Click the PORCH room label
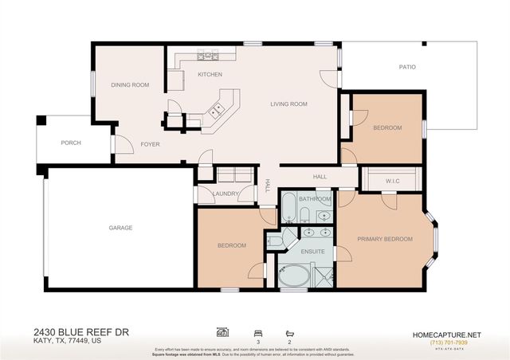[71, 143]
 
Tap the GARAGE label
[120, 228]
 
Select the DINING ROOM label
[130, 84]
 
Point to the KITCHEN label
[210, 74]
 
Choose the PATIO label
[407, 67]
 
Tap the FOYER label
[151, 144]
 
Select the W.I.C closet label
[392, 180]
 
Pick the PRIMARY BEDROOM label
[384, 239]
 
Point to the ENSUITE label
[312, 252]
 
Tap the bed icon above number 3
[257, 331]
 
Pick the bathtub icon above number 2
[289, 331]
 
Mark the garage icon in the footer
[222, 331]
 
